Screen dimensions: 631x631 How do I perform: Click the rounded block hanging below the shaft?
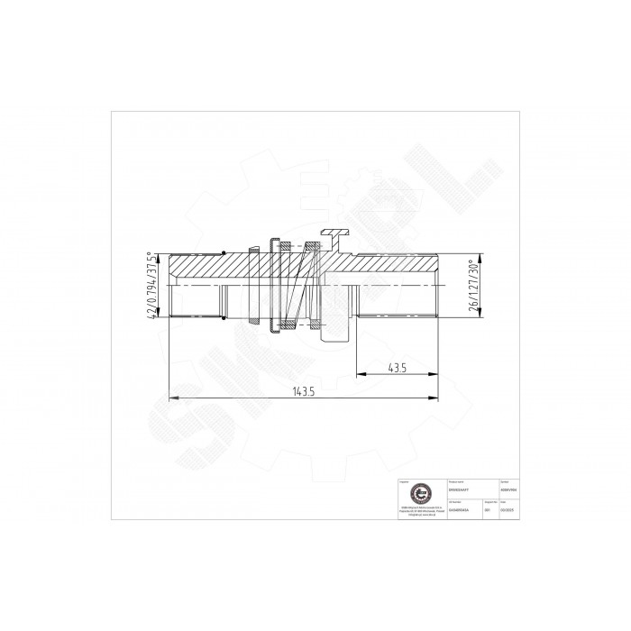click(x=335, y=334)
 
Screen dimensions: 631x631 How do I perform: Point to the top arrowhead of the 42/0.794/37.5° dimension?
click(x=161, y=254)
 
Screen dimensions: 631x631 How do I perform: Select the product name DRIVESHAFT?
click(x=459, y=488)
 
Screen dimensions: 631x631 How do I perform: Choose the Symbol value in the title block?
click(x=508, y=488)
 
